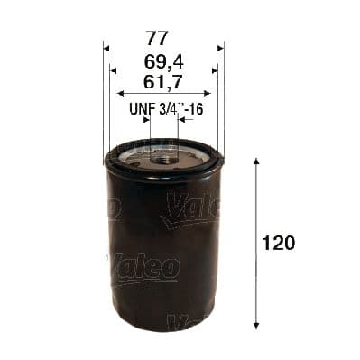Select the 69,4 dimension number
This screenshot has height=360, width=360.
pos(162,63)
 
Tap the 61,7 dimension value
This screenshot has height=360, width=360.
pos(162,83)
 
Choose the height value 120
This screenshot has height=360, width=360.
pos(279,243)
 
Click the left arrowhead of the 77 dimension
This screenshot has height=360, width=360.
pos(106,48)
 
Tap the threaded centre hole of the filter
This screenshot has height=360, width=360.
pos(164,154)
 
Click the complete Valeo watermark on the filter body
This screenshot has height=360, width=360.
pos(144,267)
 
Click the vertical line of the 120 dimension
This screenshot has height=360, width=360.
pos(257,271)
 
